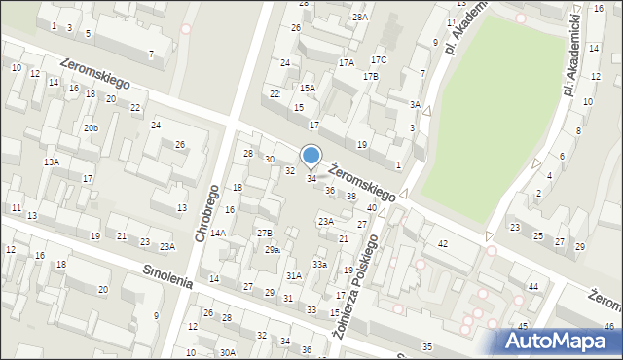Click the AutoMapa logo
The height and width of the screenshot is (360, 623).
pyautogui.click(x=558, y=341)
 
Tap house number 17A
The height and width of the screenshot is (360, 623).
pyautogui.click(x=346, y=62)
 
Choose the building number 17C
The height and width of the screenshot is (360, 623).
pyautogui.click(x=378, y=60)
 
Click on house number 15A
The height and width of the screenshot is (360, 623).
pyautogui.click(x=308, y=88)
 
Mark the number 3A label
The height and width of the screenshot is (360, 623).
pyautogui.click(x=415, y=104)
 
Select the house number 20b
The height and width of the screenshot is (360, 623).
pyautogui.click(x=91, y=128)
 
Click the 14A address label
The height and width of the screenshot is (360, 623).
pyautogui.click(x=218, y=234)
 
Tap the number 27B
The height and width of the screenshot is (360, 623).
pyautogui.click(x=264, y=233)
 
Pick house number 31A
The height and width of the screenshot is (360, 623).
pyautogui.click(x=293, y=276)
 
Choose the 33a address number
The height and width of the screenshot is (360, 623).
pyautogui.click(x=319, y=265)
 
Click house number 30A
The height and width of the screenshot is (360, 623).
pyautogui.click(x=227, y=352)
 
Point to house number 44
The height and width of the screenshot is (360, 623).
pyautogui.click(x=532, y=286)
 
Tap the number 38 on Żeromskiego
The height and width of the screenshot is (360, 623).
pyautogui.click(x=351, y=197)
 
